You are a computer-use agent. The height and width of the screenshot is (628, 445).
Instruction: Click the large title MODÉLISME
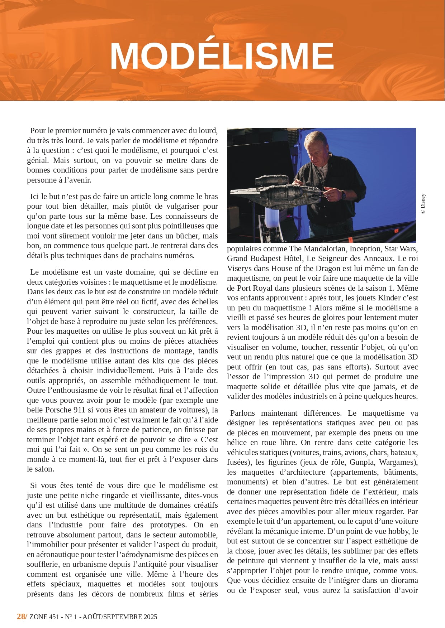[x=222, y=56]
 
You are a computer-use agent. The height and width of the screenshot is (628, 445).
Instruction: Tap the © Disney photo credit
[x=423, y=204]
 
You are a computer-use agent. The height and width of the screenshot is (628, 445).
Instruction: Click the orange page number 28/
[x=22, y=616]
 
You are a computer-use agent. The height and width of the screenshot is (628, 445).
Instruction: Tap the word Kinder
[x=389, y=298]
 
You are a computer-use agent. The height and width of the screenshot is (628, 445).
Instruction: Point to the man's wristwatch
[x=343, y=195]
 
